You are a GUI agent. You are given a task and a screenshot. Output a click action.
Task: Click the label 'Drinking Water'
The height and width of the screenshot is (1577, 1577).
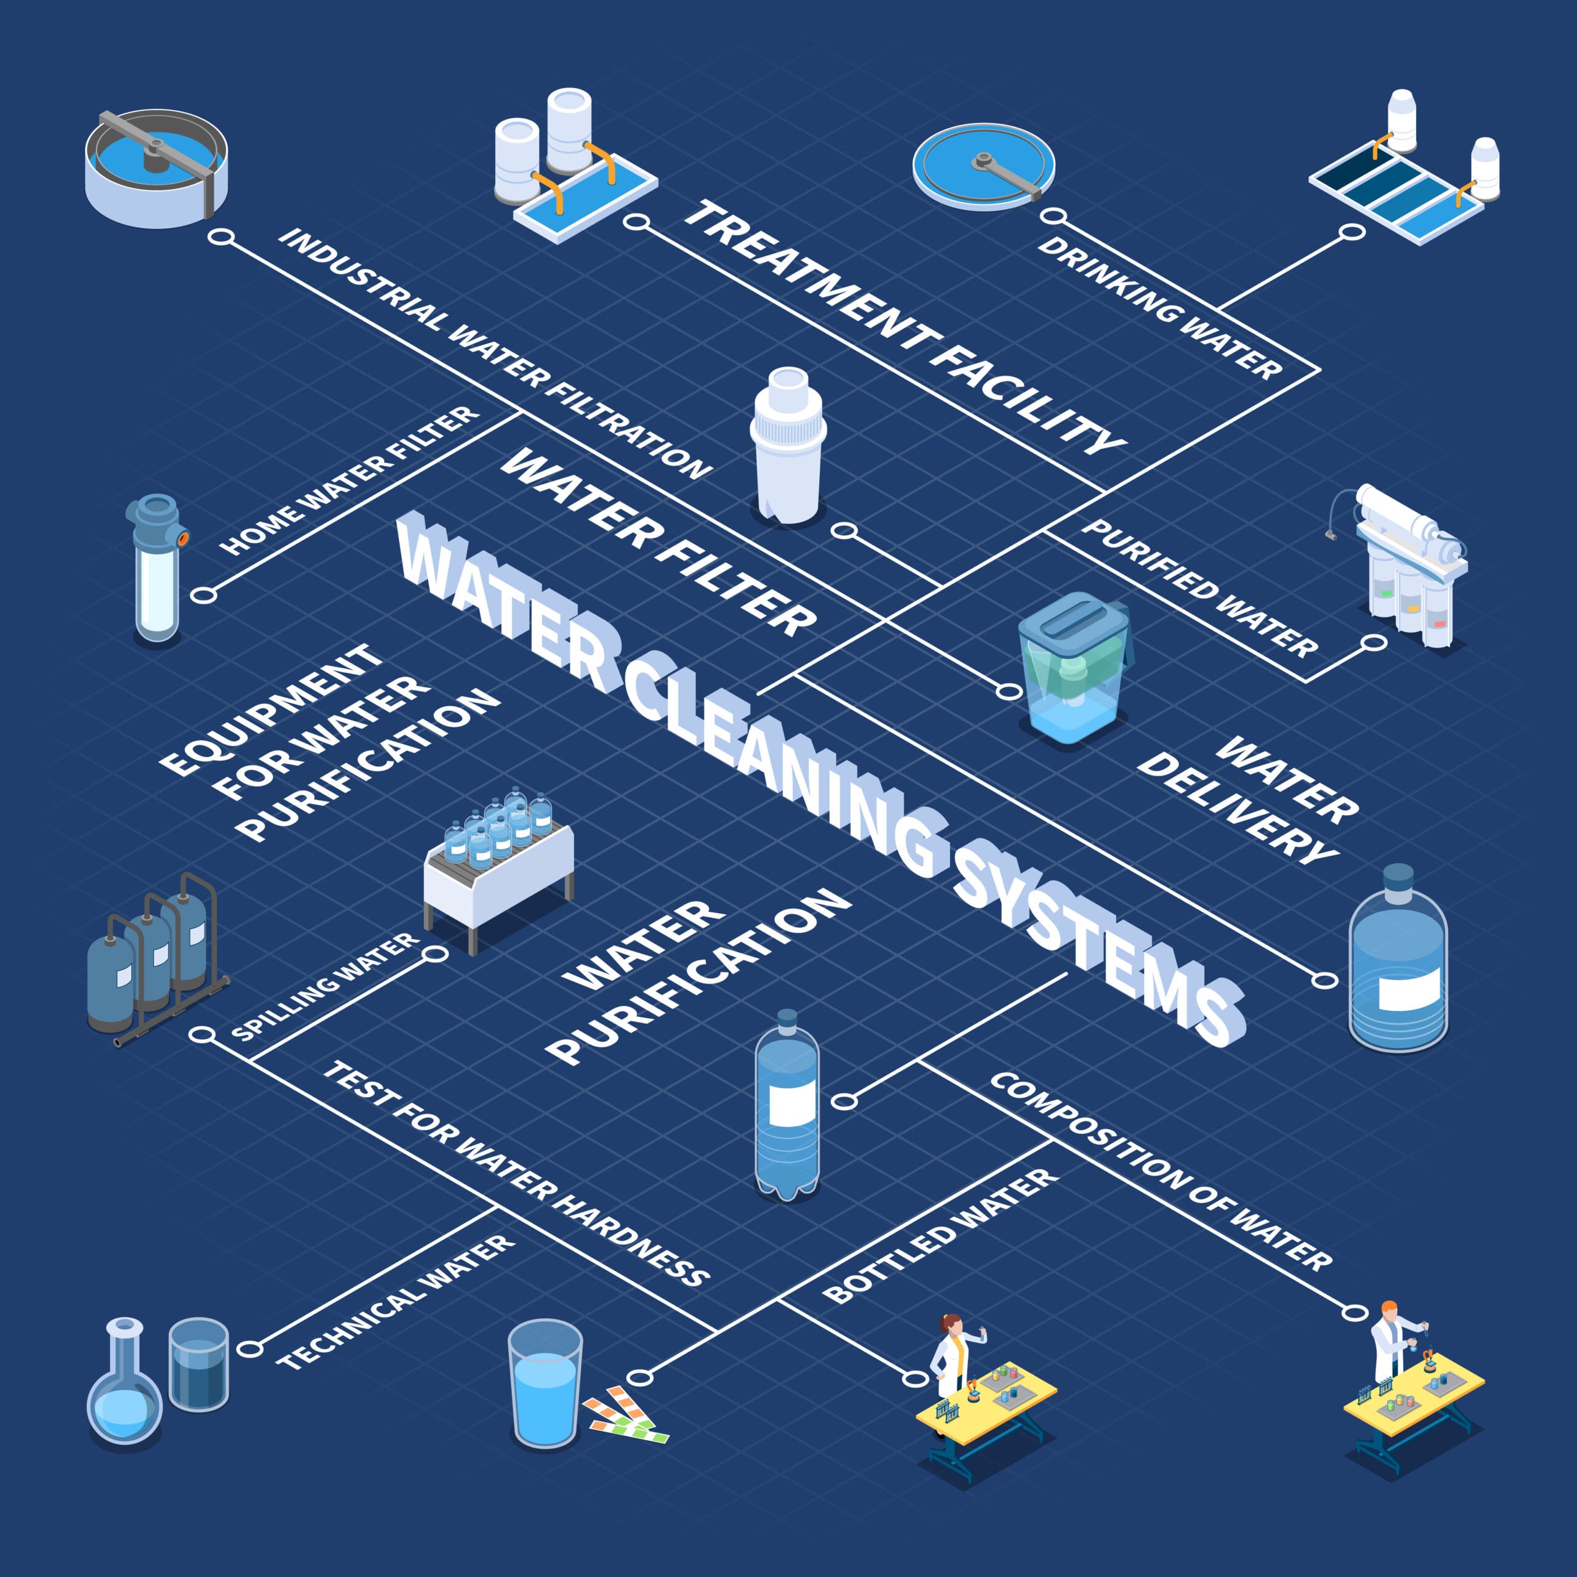tap(1159, 308)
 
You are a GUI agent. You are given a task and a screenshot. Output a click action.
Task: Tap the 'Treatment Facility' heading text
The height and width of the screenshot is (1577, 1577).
tap(904, 326)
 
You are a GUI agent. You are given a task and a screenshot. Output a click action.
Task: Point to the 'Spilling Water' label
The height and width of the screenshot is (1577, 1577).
tap(325, 987)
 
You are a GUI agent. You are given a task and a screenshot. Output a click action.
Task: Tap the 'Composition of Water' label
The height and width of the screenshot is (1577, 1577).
tap(1161, 1172)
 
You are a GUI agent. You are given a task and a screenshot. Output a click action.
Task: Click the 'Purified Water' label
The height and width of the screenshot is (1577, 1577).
tap(1200, 588)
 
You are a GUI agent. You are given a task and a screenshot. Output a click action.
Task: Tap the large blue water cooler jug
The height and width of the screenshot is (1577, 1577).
tap(1397, 963)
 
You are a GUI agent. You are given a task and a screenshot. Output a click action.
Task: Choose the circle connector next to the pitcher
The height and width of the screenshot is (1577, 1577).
tap(1010, 691)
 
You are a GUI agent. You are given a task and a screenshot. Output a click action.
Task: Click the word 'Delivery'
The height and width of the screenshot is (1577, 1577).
tap(1236, 808)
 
